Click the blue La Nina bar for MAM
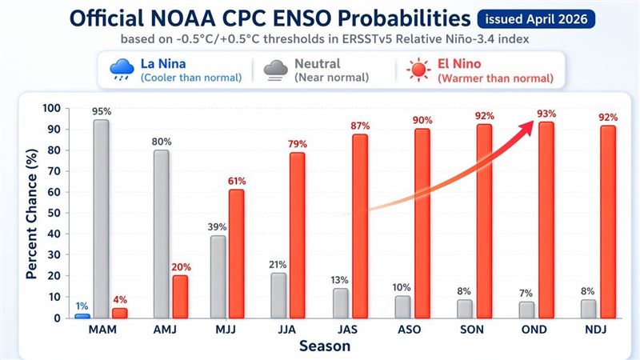(82, 315)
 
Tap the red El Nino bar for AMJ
(180, 296)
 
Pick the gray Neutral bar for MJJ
(218, 276)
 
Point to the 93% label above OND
(546, 113)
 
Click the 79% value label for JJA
(297, 143)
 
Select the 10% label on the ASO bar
(402, 286)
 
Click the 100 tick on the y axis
(49, 108)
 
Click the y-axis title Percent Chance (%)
(31, 214)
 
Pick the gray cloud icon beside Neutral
(276, 70)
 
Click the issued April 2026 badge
(538, 17)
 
